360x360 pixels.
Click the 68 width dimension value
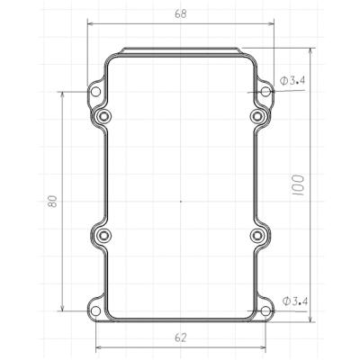point(181,13)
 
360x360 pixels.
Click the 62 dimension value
point(181,337)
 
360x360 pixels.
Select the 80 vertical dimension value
point(52,202)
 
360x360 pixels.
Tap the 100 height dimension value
point(298,185)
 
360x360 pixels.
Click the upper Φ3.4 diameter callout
point(292,80)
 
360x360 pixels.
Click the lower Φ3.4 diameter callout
point(295,301)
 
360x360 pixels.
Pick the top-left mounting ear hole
point(95,92)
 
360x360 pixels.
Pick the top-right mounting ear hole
point(265,92)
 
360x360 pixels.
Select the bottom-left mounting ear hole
point(95,311)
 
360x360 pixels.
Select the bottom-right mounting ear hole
point(265,311)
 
